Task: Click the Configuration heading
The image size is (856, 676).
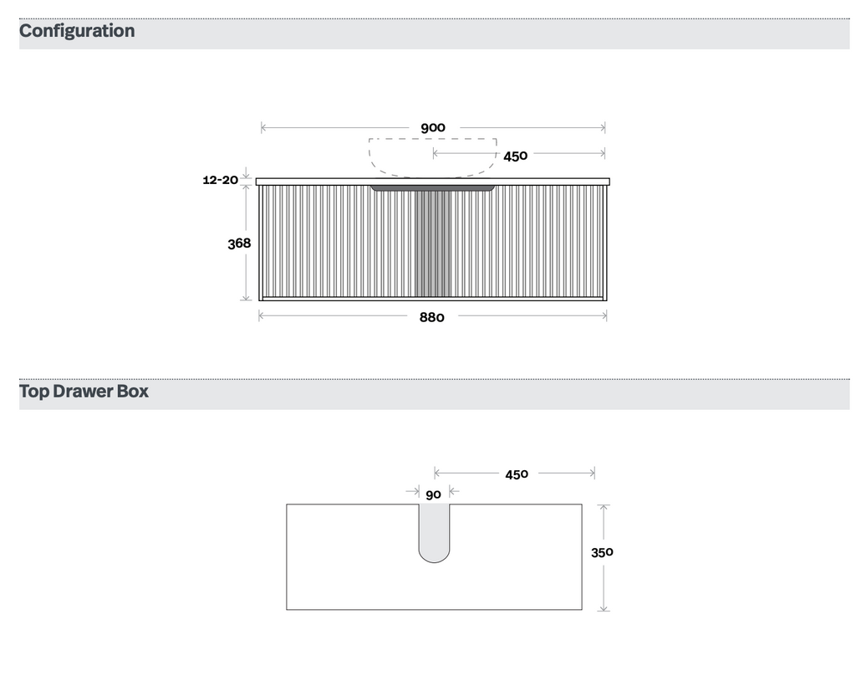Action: point(77,31)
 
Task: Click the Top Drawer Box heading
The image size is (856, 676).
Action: point(84,392)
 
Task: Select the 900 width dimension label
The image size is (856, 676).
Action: point(433,128)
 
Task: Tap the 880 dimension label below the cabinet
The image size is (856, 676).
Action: point(432,318)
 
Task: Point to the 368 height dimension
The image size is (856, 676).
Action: point(239,243)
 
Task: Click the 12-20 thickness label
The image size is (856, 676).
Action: point(220,180)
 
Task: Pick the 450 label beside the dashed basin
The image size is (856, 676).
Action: point(515,156)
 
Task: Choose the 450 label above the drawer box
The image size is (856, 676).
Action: point(517,474)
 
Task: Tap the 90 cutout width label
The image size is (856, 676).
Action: point(434,494)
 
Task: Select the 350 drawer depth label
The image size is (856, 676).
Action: point(602,552)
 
